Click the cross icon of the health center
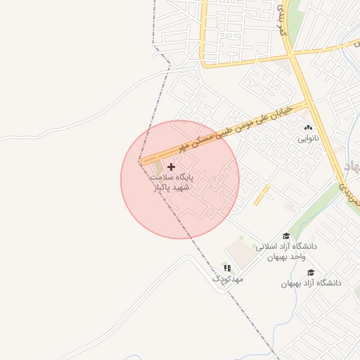pos(171,167)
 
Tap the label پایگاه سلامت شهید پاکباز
pos(171,183)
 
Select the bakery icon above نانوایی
pos(308,128)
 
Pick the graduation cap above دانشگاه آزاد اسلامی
pos(286,236)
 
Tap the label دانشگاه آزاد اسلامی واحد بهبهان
pos(286,252)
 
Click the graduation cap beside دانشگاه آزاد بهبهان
pos(311,273)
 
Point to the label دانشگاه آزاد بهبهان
pos(311,283)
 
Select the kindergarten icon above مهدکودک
pos(227,268)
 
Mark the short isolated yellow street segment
pos(262,195)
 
